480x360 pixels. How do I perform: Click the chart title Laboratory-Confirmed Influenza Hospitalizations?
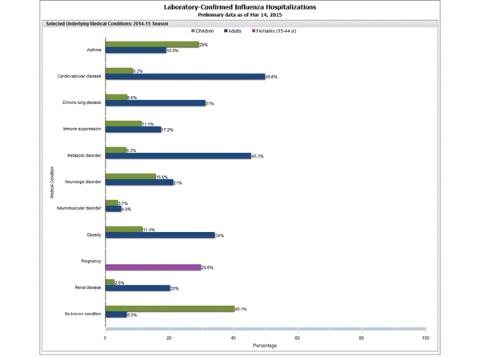240,6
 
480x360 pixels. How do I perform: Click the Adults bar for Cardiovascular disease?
185,77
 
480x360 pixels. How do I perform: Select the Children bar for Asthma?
152,45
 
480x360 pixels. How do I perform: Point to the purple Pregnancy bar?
153,267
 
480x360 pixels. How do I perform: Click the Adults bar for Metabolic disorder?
178,156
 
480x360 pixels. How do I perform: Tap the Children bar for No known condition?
170,308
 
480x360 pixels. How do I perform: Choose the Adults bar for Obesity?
160,235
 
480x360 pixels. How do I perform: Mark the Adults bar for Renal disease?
138,288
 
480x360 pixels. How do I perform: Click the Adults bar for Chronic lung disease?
155,103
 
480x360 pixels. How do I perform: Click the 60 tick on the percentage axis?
298,338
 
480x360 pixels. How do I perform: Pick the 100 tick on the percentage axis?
425,338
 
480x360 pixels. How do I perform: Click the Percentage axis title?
265,347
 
